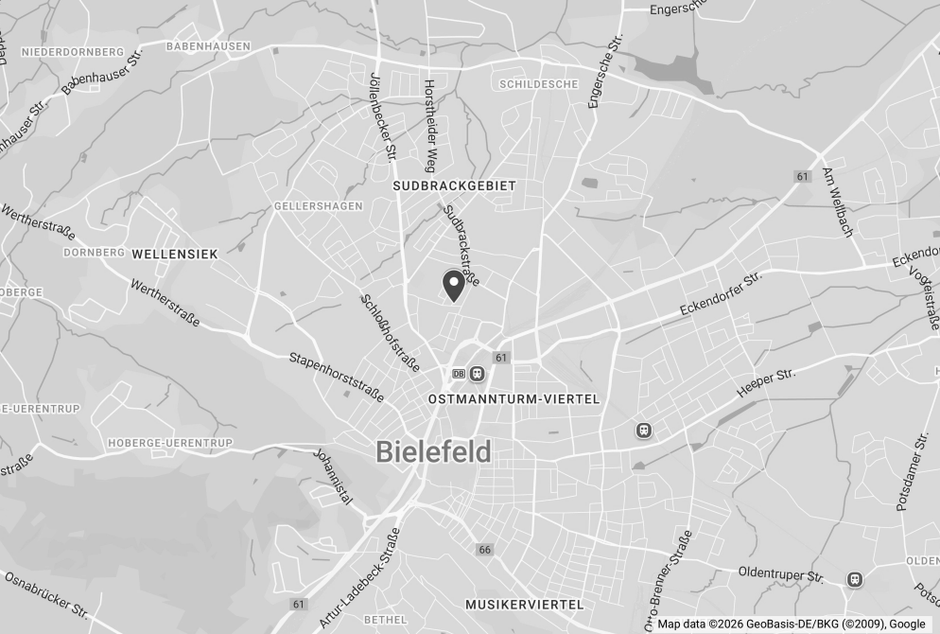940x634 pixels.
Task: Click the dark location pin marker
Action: (454, 285)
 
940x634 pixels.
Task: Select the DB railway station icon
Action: (459, 374)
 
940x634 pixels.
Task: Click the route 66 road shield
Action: (485, 550)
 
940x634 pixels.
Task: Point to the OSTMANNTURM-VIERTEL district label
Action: (514, 399)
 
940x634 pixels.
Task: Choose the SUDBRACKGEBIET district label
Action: (455, 186)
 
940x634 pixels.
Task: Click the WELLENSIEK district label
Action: (175, 254)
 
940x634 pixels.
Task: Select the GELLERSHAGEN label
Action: (305, 205)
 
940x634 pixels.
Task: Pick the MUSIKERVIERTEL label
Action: (525, 604)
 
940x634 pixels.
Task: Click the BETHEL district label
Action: (385, 620)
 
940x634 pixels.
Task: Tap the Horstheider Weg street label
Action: (430, 124)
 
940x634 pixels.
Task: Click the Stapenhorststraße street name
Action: (336, 377)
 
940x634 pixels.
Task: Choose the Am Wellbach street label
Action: (838, 203)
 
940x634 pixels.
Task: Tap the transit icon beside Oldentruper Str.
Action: (855, 579)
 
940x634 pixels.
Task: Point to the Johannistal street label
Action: (334, 476)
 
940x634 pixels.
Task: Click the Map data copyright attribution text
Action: (792, 624)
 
